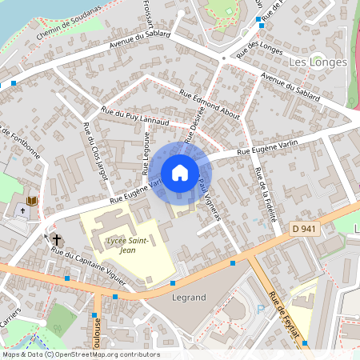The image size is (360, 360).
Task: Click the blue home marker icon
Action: (x=180, y=173)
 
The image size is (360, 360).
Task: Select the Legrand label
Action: (x=189, y=297)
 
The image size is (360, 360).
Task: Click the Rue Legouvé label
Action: (x=146, y=154)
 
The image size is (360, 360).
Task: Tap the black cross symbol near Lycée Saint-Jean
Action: (x=57, y=238)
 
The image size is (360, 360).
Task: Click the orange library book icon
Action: (x=33, y=200)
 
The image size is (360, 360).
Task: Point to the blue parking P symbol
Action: (x=258, y=308)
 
